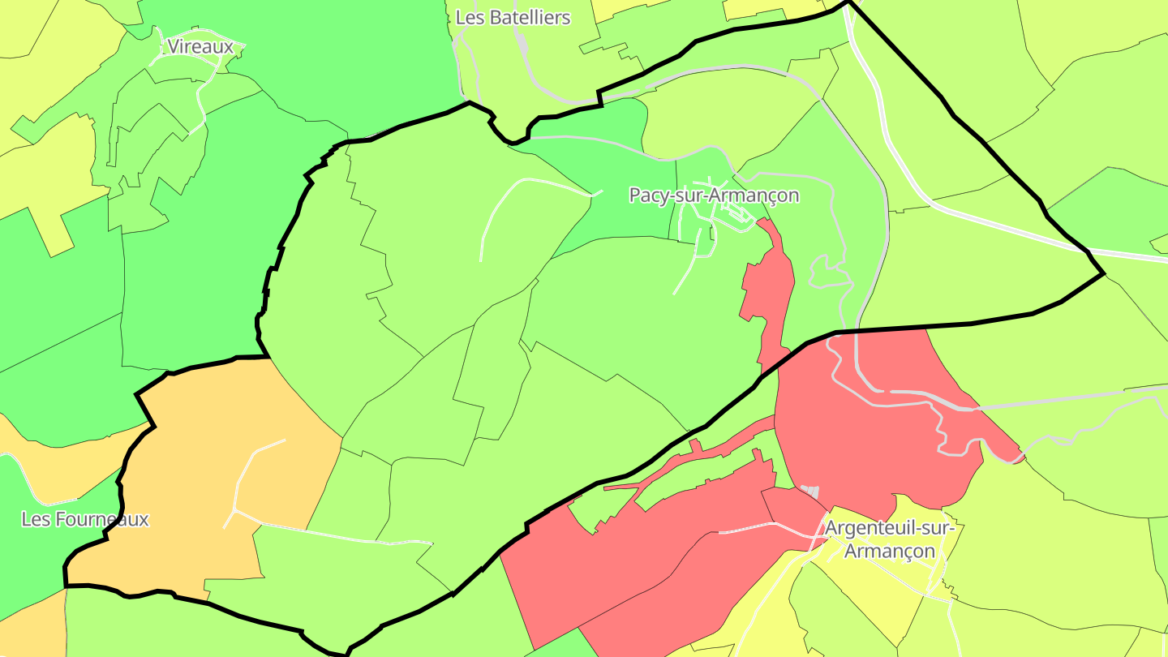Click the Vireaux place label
(200, 47)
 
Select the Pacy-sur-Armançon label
(714, 195)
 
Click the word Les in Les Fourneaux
(36, 519)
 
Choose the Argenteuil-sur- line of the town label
(890, 528)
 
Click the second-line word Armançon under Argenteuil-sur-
(890, 552)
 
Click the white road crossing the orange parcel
(243, 479)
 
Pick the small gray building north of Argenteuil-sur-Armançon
(810, 492)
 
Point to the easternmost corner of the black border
(1103, 274)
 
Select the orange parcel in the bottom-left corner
(28, 629)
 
